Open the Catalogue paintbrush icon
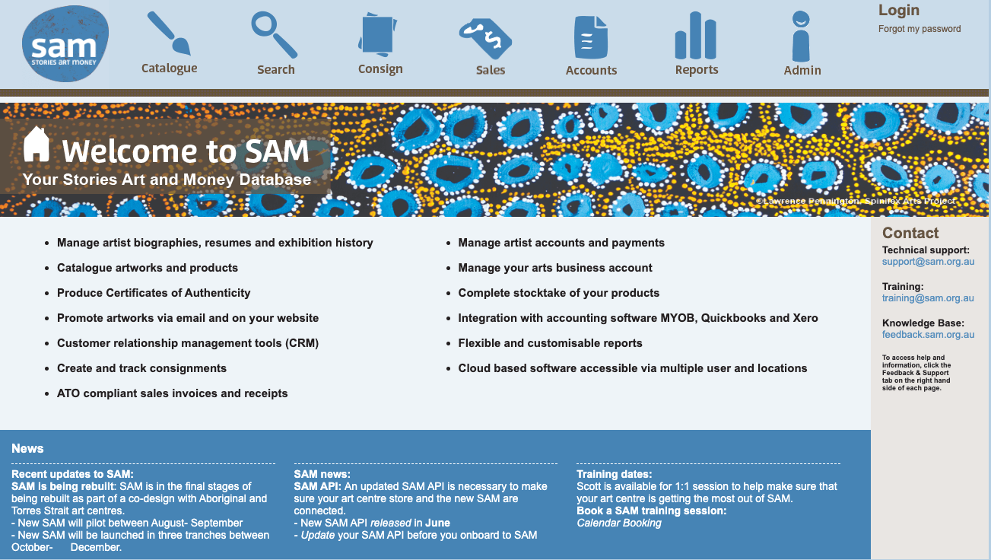(168, 33)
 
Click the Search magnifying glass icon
(274, 34)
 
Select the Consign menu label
(380, 68)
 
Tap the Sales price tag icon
(486, 38)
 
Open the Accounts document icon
(590, 37)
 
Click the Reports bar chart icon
(695, 36)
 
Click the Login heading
(898, 11)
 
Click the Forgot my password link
(920, 29)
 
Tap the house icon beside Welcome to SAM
(37, 144)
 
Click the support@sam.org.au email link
(928, 262)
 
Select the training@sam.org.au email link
(928, 298)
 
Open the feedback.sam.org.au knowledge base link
(928, 335)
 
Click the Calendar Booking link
(619, 523)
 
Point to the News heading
(27, 449)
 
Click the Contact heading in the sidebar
(910, 234)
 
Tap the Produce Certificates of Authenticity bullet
(154, 293)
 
